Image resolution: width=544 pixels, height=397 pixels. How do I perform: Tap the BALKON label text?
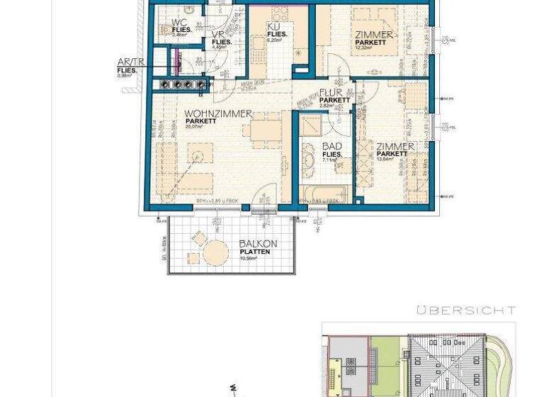258,244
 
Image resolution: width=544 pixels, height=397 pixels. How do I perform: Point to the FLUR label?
334,93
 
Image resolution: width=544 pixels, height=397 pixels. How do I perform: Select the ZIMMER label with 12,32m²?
374,34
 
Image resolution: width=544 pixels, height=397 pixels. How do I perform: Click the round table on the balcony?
215,252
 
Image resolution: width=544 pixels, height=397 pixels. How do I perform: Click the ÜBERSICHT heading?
465,311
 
